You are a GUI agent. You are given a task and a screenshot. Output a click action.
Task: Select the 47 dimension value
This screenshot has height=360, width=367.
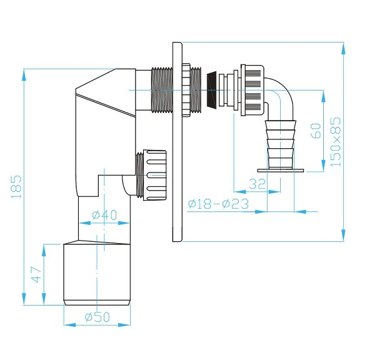pyautogui.click(x=37, y=275)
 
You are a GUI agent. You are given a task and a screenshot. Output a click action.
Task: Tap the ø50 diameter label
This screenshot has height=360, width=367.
pyautogui.click(x=97, y=317)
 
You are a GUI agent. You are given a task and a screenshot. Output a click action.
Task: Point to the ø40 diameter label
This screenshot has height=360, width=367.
pyautogui.click(x=104, y=216)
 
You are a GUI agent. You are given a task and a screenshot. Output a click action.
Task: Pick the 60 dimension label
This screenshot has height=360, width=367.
pyautogui.click(x=316, y=131)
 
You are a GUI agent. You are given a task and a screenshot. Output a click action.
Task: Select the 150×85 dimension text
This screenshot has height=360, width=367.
pyautogui.click(x=336, y=141)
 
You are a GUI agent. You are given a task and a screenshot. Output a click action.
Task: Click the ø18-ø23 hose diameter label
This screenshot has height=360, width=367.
pyautogui.click(x=218, y=204)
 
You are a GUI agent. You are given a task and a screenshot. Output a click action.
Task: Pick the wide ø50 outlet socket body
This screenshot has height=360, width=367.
pyautogui.click(x=97, y=274)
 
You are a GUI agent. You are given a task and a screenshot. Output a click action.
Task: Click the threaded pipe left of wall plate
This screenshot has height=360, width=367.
pyautogui.click(x=163, y=91)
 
